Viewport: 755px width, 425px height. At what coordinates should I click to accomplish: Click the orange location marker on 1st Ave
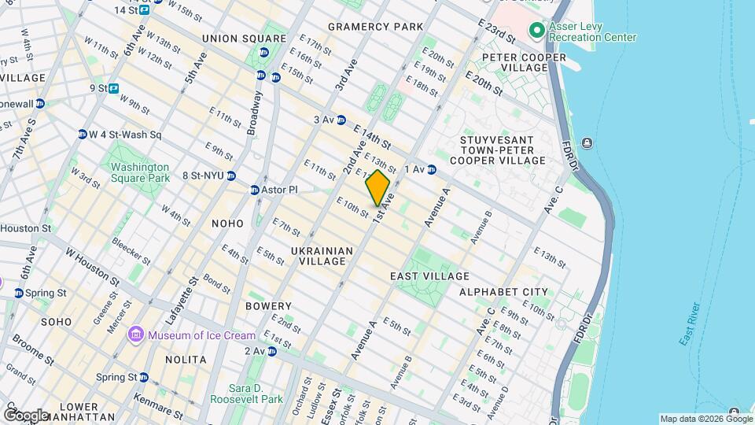pos(377,188)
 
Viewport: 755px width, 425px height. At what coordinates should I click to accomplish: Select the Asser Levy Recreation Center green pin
pos(537,31)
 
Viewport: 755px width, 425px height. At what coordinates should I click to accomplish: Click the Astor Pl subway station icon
pos(254,190)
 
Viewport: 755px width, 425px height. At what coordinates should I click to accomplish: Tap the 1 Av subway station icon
pos(432,169)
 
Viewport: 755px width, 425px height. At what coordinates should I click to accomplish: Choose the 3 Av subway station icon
pos(341,120)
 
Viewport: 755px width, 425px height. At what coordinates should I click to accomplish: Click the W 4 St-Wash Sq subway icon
pos(82,134)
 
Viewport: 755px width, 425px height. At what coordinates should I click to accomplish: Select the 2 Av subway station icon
pos(271,351)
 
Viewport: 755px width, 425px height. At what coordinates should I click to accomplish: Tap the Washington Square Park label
pos(140,172)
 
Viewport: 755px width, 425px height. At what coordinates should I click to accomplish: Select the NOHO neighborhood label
pos(227,224)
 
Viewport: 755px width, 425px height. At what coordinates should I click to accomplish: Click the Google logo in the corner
pos(25,415)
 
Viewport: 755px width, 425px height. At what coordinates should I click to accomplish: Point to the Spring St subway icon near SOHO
pos(18,293)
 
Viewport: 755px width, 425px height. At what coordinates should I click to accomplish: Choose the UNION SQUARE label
pos(244,38)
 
